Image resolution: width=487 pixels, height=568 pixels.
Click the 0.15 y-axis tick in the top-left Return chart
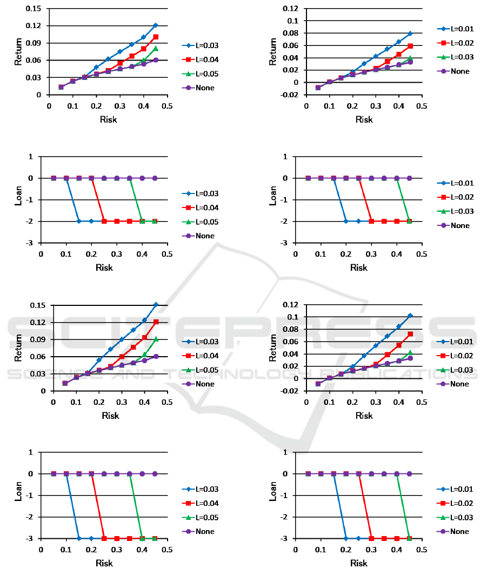pyautogui.click(x=34, y=9)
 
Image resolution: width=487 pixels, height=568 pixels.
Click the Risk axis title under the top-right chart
pyautogui.click(x=364, y=119)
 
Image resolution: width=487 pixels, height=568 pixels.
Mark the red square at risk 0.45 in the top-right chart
pyautogui.click(x=410, y=46)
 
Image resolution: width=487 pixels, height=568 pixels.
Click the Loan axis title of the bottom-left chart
pyautogui.click(x=18, y=505)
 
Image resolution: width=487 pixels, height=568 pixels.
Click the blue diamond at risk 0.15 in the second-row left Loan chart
pyautogui.click(x=79, y=221)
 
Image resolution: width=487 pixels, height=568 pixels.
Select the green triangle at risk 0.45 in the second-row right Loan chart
pyautogui.click(x=409, y=221)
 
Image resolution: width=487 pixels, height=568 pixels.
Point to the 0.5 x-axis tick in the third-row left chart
pyautogui.click(x=167, y=402)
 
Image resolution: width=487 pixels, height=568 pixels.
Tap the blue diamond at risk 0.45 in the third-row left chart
pyautogui.click(x=156, y=305)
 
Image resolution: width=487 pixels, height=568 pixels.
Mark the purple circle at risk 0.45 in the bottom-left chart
pyautogui.click(x=155, y=473)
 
